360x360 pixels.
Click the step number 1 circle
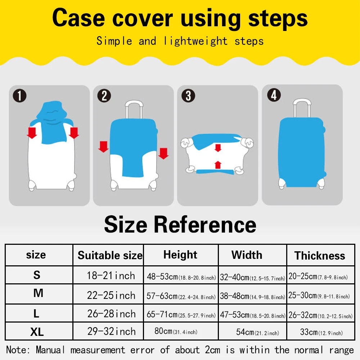(20, 96)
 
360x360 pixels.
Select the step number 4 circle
(274, 95)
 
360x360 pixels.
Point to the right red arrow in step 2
(163, 153)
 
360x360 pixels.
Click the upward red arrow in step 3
(217, 165)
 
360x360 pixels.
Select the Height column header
(180, 255)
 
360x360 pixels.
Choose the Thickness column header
(320, 256)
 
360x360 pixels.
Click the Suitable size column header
(110, 256)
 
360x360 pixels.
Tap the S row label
(37, 275)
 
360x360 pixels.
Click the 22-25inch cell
(111, 295)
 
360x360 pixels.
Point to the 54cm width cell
(257, 332)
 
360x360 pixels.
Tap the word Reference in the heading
(205, 225)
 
